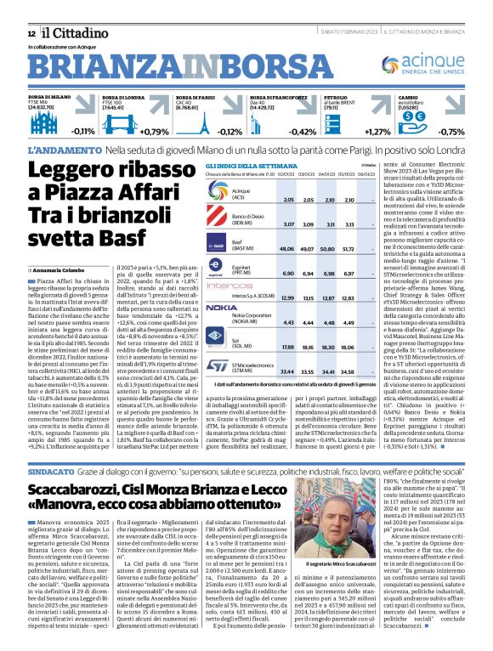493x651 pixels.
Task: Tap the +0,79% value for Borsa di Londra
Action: [x=154, y=132]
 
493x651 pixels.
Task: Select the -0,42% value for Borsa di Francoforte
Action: [x=303, y=132]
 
